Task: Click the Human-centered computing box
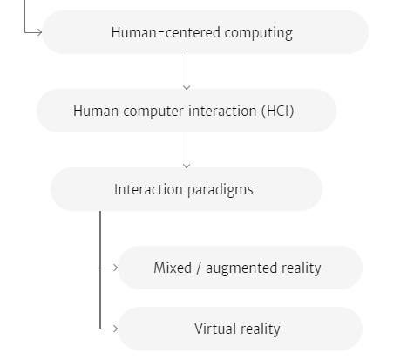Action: [206, 32]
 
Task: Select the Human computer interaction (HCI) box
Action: [187, 111]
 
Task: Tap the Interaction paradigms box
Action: [187, 189]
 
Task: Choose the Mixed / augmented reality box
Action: [241, 268]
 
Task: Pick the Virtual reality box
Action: [241, 329]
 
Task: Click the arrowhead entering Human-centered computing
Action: [39, 32]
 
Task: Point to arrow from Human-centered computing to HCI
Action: [187, 71]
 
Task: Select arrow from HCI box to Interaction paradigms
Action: [187, 150]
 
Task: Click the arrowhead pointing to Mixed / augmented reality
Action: [115, 268]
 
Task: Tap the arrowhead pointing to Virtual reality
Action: [115, 329]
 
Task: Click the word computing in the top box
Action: [259, 33]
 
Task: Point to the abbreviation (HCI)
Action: [278, 111]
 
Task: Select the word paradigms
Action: [221, 190]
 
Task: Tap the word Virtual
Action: [215, 329]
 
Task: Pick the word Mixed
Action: [173, 268]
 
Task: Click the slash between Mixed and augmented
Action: [199, 268]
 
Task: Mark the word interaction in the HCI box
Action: [222, 111]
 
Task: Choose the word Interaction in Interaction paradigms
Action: [148, 189]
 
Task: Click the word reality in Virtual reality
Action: [261, 329]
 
